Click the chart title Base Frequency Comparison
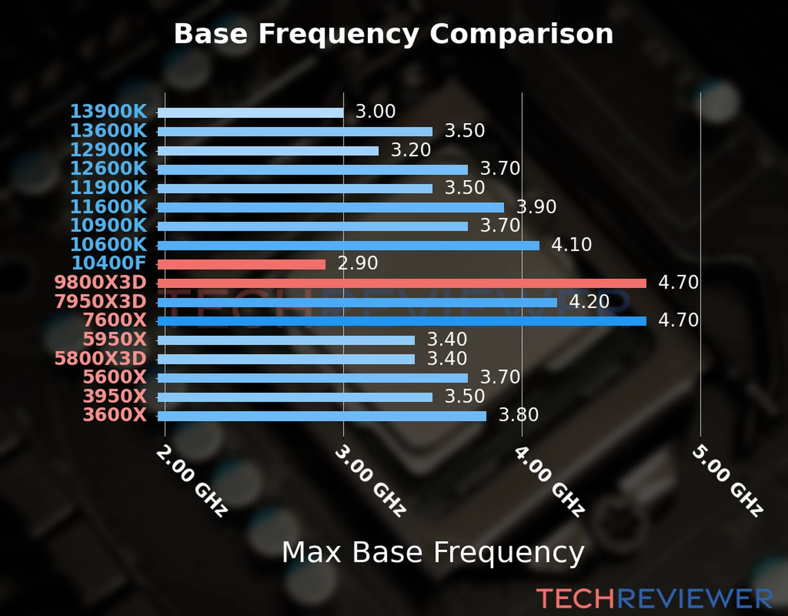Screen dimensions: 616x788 (x=393, y=34)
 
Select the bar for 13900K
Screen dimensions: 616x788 (x=250, y=112)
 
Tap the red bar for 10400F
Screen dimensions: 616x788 (x=241, y=264)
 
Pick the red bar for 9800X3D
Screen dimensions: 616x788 (x=402, y=283)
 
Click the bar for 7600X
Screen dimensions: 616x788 (x=402, y=321)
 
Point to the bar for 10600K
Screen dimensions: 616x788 (x=348, y=245)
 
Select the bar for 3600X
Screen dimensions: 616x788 (x=322, y=416)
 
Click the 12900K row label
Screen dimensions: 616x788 (x=108, y=150)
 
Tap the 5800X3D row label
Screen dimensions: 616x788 (x=101, y=358)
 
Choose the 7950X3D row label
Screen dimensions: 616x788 (x=101, y=302)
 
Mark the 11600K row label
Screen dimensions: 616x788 (x=108, y=207)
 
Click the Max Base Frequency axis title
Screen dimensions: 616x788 (x=433, y=552)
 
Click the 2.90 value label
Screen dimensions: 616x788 (x=358, y=263)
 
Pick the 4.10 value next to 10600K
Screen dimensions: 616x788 (x=572, y=244)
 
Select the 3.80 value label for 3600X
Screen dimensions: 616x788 (x=519, y=415)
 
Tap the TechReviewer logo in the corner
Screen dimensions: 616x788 (x=654, y=599)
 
